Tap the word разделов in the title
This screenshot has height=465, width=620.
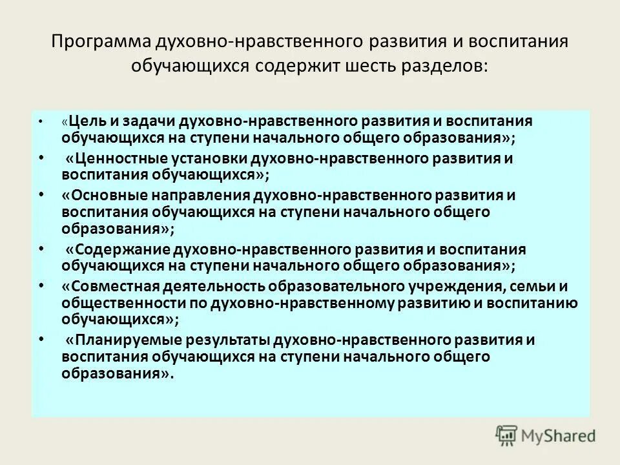point(453,67)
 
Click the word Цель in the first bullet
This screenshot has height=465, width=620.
point(85,121)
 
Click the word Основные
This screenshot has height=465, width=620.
point(101,196)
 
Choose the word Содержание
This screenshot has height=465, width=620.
point(114,250)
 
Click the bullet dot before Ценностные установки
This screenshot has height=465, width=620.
point(42,157)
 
